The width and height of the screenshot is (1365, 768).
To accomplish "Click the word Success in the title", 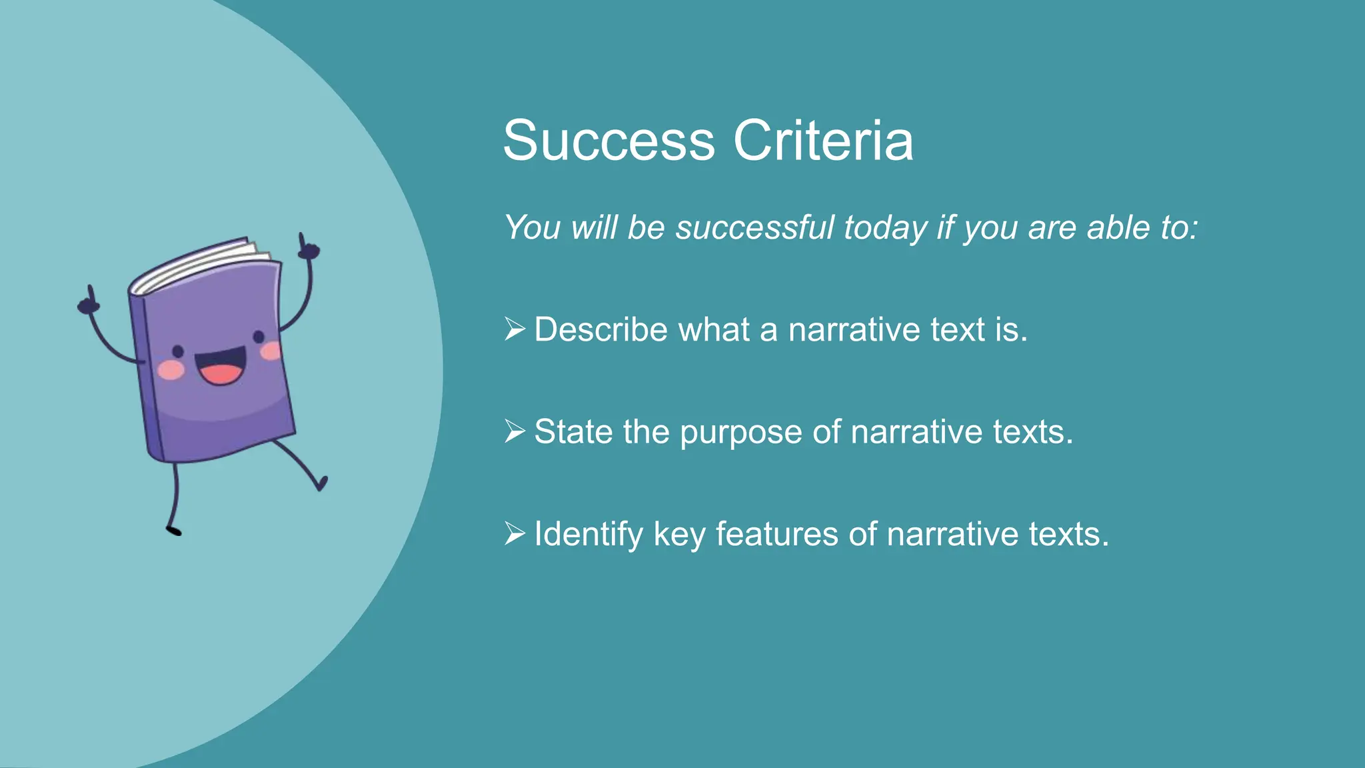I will pyautogui.click(x=609, y=141).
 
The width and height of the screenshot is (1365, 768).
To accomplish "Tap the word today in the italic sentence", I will pyautogui.click(x=885, y=228).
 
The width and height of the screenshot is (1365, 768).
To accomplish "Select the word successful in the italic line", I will pyautogui.click(x=755, y=228).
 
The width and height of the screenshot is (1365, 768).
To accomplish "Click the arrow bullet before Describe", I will pyautogui.click(x=515, y=329).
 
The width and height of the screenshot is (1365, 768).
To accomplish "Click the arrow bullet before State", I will pyautogui.click(x=515, y=431).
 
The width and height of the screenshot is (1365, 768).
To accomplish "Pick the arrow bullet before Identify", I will pyautogui.click(x=515, y=533).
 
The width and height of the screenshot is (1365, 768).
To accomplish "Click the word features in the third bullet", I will pyautogui.click(x=776, y=534).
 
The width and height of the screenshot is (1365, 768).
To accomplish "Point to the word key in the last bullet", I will pyautogui.click(x=679, y=535).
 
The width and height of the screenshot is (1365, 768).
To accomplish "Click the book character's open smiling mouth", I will pyautogui.click(x=220, y=369).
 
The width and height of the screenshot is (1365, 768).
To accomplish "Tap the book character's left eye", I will pyautogui.click(x=178, y=351).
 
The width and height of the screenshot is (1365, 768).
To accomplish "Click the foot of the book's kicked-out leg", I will pyautogui.click(x=322, y=483).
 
